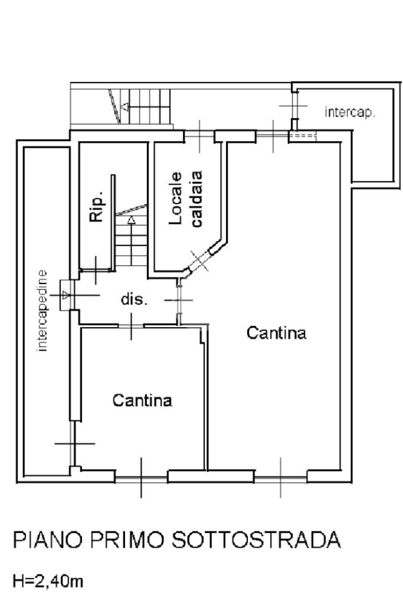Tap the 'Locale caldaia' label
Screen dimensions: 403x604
tap(186, 199)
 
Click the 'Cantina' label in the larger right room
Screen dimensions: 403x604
tap(276, 332)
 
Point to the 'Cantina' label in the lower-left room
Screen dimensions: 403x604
tap(142, 400)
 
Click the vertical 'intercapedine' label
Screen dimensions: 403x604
tap(42, 311)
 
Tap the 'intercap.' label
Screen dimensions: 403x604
tap(350, 113)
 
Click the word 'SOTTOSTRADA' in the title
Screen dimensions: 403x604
tap(256, 540)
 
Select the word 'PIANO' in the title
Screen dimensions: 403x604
tap(48, 540)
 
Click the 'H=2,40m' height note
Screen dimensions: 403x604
tap(48, 581)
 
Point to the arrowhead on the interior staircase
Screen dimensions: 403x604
tap(132, 220)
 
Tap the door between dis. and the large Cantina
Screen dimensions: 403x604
tap(179, 300)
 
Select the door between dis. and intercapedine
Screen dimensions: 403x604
tap(66, 295)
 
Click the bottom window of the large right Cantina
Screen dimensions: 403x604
tap(280, 479)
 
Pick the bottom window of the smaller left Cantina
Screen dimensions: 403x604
tap(141, 479)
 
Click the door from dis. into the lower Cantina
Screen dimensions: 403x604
tap(131, 326)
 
